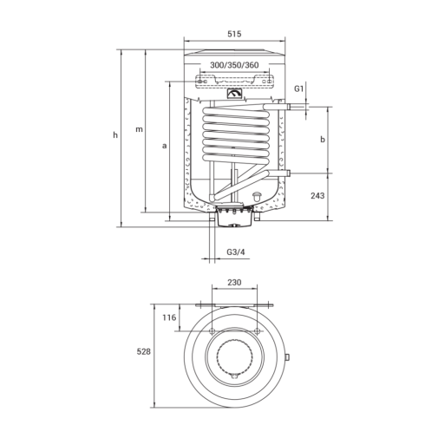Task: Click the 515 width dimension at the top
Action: point(234,34)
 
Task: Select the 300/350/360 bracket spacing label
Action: point(234,65)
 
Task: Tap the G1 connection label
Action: point(299,88)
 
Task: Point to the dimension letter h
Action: point(115,134)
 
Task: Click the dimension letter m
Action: point(139,129)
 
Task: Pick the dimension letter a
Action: point(164,146)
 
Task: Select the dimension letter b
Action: point(323,140)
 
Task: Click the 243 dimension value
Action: point(317,196)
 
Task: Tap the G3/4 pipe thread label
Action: point(235,252)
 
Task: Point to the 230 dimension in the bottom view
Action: point(234,282)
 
